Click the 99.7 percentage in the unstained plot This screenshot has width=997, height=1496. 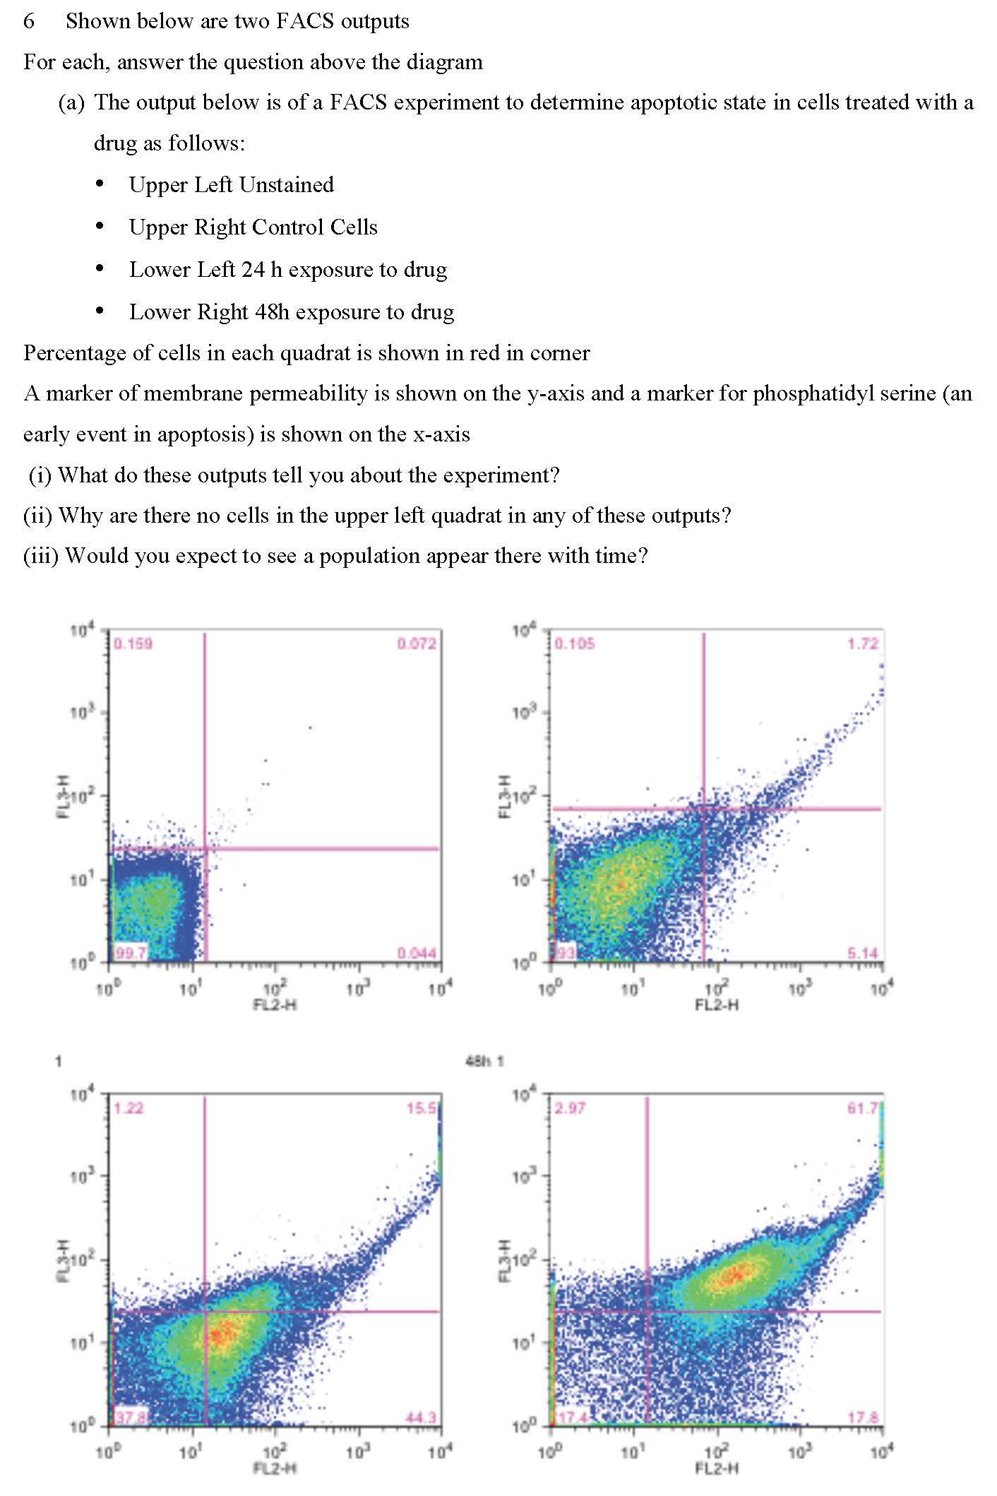pyautogui.click(x=130, y=953)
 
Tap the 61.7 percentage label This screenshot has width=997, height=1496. pyautogui.click(x=863, y=1108)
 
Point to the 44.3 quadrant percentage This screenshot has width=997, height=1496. pyautogui.click(x=421, y=1417)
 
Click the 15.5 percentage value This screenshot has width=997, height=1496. pyautogui.click(x=422, y=1108)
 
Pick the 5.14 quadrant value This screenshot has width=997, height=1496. pyautogui.click(x=863, y=953)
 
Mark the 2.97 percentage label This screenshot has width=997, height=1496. pyautogui.click(x=569, y=1108)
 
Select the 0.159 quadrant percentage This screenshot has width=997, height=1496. pyautogui.click(x=133, y=643)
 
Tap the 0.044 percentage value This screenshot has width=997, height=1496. pyautogui.click(x=417, y=953)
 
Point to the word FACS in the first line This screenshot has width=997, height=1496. pyautogui.click(x=305, y=21)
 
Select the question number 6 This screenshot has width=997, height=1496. pyautogui.click(x=29, y=21)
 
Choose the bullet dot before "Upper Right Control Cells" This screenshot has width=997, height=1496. pyautogui.click(x=100, y=227)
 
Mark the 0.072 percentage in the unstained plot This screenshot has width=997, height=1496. pyautogui.click(x=417, y=643)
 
